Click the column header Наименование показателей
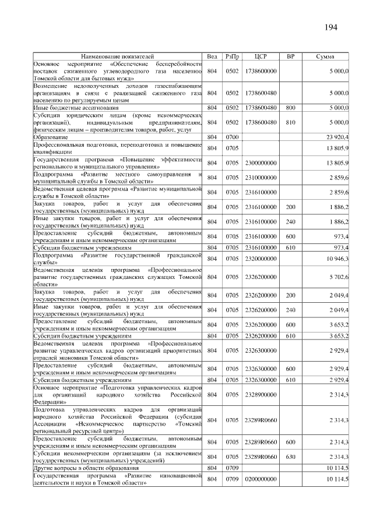117,56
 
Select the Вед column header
212,56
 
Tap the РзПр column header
233,56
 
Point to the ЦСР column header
261,56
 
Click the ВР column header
290,56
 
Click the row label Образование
50,136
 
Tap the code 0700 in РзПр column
233,136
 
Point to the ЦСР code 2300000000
261,162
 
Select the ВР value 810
290,122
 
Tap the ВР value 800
290,108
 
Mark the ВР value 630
290,457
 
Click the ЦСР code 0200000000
261,479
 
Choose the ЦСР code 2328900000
261,395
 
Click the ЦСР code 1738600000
261,71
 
